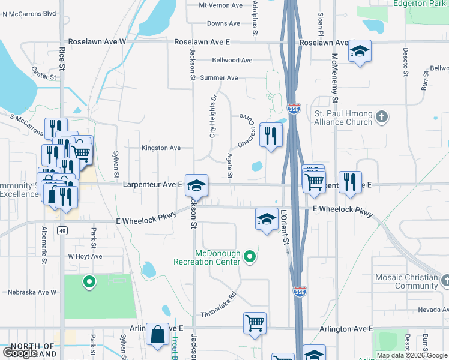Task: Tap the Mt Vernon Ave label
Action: click(221, 5)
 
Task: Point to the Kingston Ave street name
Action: click(161, 148)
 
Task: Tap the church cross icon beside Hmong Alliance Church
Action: click(381, 116)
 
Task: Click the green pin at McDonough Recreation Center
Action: click(250, 258)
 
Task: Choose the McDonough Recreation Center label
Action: click(207, 257)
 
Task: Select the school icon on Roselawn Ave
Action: click(360, 52)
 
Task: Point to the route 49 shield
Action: click(62, 230)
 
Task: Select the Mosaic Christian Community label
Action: click(406, 281)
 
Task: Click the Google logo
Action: click(20, 353)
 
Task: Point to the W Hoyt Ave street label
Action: click(85, 256)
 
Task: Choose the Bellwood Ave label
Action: click(232, 60)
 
